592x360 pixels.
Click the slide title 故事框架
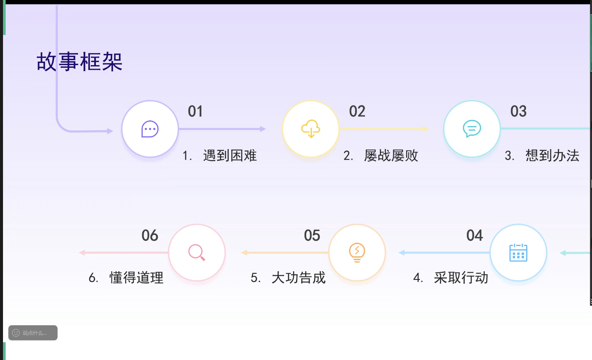pyautogui.click(x=80, y=61)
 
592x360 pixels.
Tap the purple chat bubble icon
pyautogui.click(x=150, y=129)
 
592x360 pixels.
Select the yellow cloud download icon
pyautogui.click(x=311, y=129)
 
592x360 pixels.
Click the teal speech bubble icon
pyautogui.click(x=472, y=129)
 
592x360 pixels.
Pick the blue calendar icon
pyautogui.click(x=518, y=252)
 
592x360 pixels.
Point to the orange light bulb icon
pyautogui.click(x=357, y=252)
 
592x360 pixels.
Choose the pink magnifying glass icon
pyautogui.click(x=197, y=252)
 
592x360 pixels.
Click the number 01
pyautogui.click(x=195, y=111)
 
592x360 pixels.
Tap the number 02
pyautogui.click(x=357, y=111)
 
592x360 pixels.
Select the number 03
pyautogui.click(x=518, y=111)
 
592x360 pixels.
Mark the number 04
pyautogui.click(x=475, y=235)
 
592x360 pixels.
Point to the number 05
pyautogui.click(x=312, y=235)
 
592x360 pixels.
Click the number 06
pyautogui.click(x=150, y=235)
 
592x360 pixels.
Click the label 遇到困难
pyautogui.click(x=230, y=156)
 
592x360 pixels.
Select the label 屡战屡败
pyautogui.click(x=391, y=156)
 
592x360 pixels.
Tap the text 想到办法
pyautogui.click(x=553, y=156)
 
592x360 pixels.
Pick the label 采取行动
pyautogui.click(x=461, y=278)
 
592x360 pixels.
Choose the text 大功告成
pyautogui.click(x=299, y=278)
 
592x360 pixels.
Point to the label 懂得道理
pyautogui.click(x=137, y=278)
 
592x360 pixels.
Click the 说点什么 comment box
pyautogui.click(x=33, y=333)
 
